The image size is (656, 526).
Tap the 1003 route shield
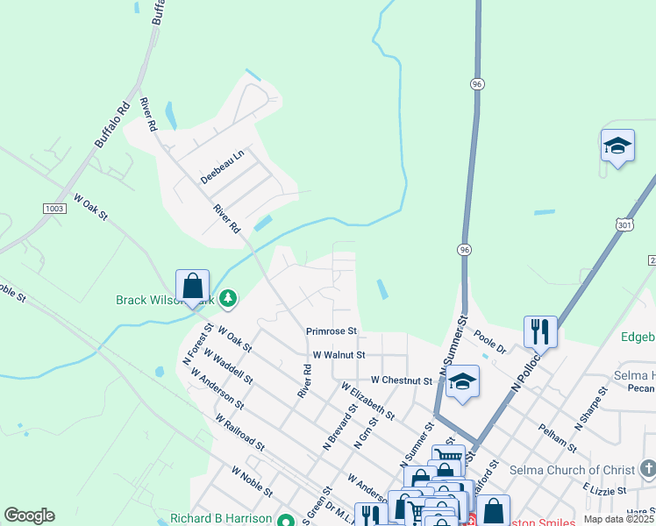coord(53,208)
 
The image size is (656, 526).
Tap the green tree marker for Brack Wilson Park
coord(228,300)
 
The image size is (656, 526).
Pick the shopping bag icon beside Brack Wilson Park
coord(193,287)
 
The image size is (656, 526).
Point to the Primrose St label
coord(332,331)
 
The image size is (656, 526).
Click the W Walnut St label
coord(339,355)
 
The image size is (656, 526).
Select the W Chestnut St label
coord(402,380)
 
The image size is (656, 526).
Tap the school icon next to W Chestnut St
coord(462,382)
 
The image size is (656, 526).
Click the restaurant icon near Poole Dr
coord(540,332)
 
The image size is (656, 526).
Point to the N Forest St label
coord(197,345)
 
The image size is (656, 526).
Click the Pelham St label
coord(558,436)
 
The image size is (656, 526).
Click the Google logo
coord(29,515)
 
